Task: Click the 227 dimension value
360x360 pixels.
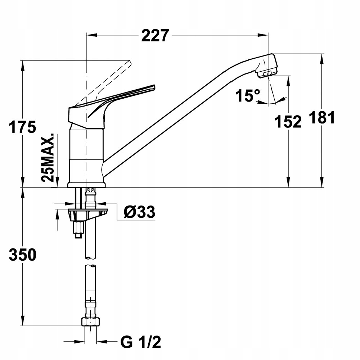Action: (155, 35)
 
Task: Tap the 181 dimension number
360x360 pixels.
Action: (321, 117)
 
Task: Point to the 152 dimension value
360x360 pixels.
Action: (288, 122)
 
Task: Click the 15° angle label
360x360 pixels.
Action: (248, 95)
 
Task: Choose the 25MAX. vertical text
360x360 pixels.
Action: (48, 157)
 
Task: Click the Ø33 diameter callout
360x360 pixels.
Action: (139, 212)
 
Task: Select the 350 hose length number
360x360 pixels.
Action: (22, 255)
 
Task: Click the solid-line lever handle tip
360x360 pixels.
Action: (154, 87)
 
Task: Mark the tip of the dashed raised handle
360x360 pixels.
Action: (130, 62)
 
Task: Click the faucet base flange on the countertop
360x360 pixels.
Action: (86, 185)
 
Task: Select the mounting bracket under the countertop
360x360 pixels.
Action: (88, 213)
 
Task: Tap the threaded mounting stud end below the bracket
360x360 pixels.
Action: (78, 235)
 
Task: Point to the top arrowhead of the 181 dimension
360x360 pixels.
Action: (322, 59)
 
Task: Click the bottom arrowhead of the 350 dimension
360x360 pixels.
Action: (22, 320)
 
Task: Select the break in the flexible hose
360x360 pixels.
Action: (91, 262)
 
